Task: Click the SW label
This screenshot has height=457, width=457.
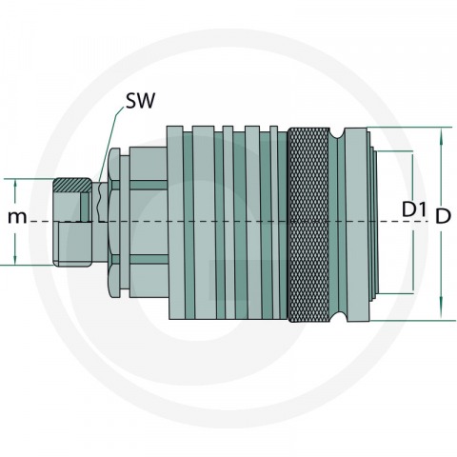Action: click(139, 100)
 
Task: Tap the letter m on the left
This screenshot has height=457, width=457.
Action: click(16, 217)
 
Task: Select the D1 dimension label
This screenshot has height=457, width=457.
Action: click(412, 208)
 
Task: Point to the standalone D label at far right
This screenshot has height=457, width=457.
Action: click(443, 216)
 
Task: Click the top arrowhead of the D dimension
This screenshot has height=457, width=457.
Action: click(442, 133)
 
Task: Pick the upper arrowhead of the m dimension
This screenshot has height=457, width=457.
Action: click(16, 182)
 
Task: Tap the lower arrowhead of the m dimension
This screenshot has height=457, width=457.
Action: click(16, 260)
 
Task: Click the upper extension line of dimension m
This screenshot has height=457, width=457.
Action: click(33, 178)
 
